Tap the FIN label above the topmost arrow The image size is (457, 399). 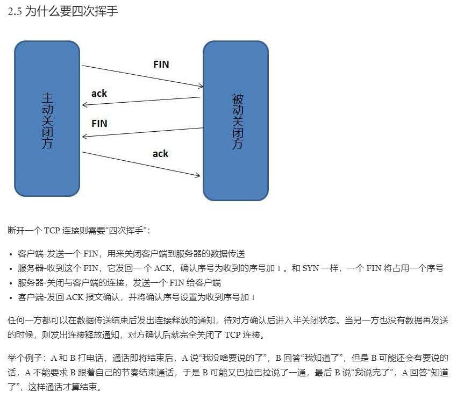click(161, 65)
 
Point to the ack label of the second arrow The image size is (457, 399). click(99, 94)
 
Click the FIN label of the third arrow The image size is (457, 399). click(99, 123)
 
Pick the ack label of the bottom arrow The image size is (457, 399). click(160, 154)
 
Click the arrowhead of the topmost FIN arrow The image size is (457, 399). click(201, 86)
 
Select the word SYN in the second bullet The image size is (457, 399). click(314, 268)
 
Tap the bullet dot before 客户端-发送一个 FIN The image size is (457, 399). click(11, 254)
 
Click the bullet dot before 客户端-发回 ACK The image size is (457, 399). click(11, 297)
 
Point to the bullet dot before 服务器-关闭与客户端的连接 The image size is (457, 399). click(11, 283)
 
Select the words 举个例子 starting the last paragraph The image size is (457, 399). click(24, 358)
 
